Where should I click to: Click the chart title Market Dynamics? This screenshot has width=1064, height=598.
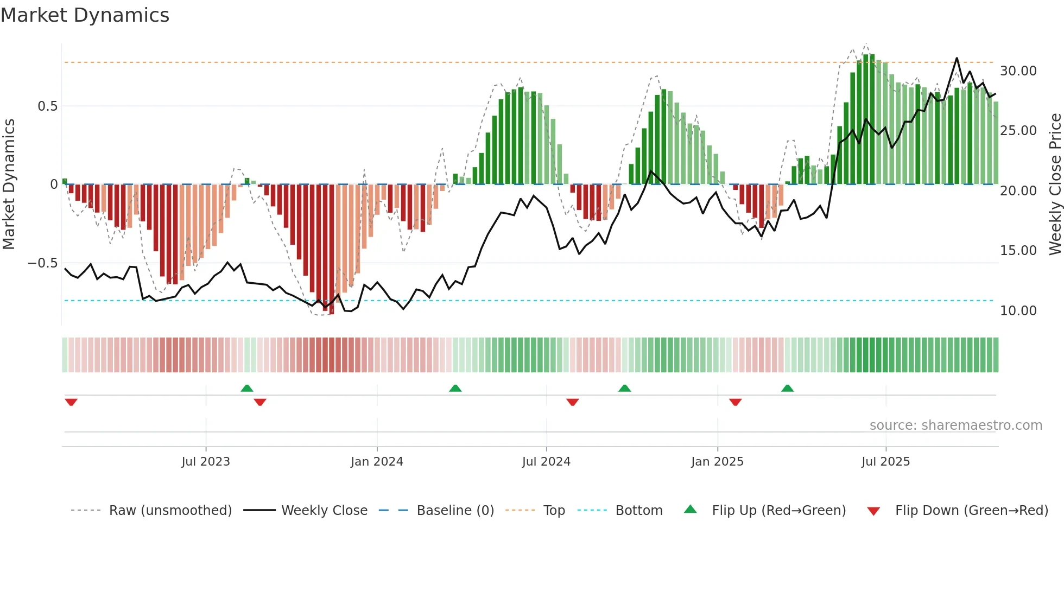click(85, 15)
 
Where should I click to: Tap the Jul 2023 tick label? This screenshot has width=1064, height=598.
click(206, 462)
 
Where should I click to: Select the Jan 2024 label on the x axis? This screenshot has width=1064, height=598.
click(377, 462)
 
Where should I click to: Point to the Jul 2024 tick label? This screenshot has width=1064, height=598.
click(546, 462)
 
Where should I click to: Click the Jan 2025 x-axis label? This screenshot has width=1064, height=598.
click(717, 462)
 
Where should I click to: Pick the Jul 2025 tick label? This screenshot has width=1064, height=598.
click(885, 462)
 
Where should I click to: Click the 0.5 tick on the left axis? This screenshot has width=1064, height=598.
click(47, 106)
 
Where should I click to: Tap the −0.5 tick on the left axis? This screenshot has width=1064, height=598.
click(42, 263)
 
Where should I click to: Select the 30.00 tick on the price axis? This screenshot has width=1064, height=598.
click(1018, 71)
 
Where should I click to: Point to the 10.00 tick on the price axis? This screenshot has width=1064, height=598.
click(1018, 311)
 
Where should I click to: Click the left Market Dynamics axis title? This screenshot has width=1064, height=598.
click(9, 185)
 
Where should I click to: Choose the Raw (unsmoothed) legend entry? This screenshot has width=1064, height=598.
click(170, 511)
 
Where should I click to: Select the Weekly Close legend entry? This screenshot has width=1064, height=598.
click(324, 511)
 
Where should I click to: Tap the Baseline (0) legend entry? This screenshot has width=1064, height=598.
click(455, 511)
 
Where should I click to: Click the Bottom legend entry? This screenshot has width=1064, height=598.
click(638, 511)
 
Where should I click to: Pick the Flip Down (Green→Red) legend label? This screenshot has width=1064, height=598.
click(971, 511)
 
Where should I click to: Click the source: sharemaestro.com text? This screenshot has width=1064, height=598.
click(955, 425)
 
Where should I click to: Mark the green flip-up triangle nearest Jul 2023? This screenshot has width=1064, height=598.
click(247, 388)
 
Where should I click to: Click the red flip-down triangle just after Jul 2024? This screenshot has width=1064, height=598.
click(573, 402)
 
